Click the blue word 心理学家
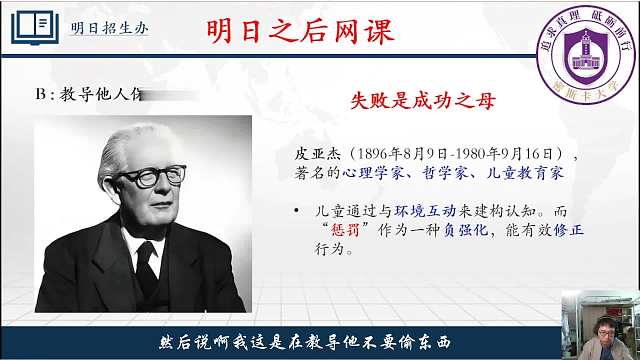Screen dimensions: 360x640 [x=363, y=172]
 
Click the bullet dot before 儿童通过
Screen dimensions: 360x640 [x=297, y=212]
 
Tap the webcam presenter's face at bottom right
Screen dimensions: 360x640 [x=597, y=313]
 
